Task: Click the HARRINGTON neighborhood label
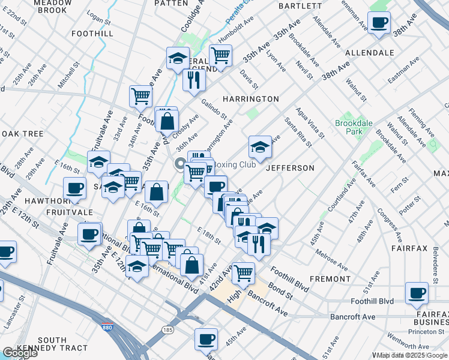[251, 98]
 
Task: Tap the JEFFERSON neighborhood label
[290, 168]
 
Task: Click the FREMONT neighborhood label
[330, 279]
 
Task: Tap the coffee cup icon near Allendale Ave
[379, 23]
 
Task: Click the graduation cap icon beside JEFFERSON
[259, 146]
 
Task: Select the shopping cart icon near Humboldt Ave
[220, 56]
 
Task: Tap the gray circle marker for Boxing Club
[179, 164]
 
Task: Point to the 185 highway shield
[167, 330]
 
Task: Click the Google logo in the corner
[20, 353]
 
